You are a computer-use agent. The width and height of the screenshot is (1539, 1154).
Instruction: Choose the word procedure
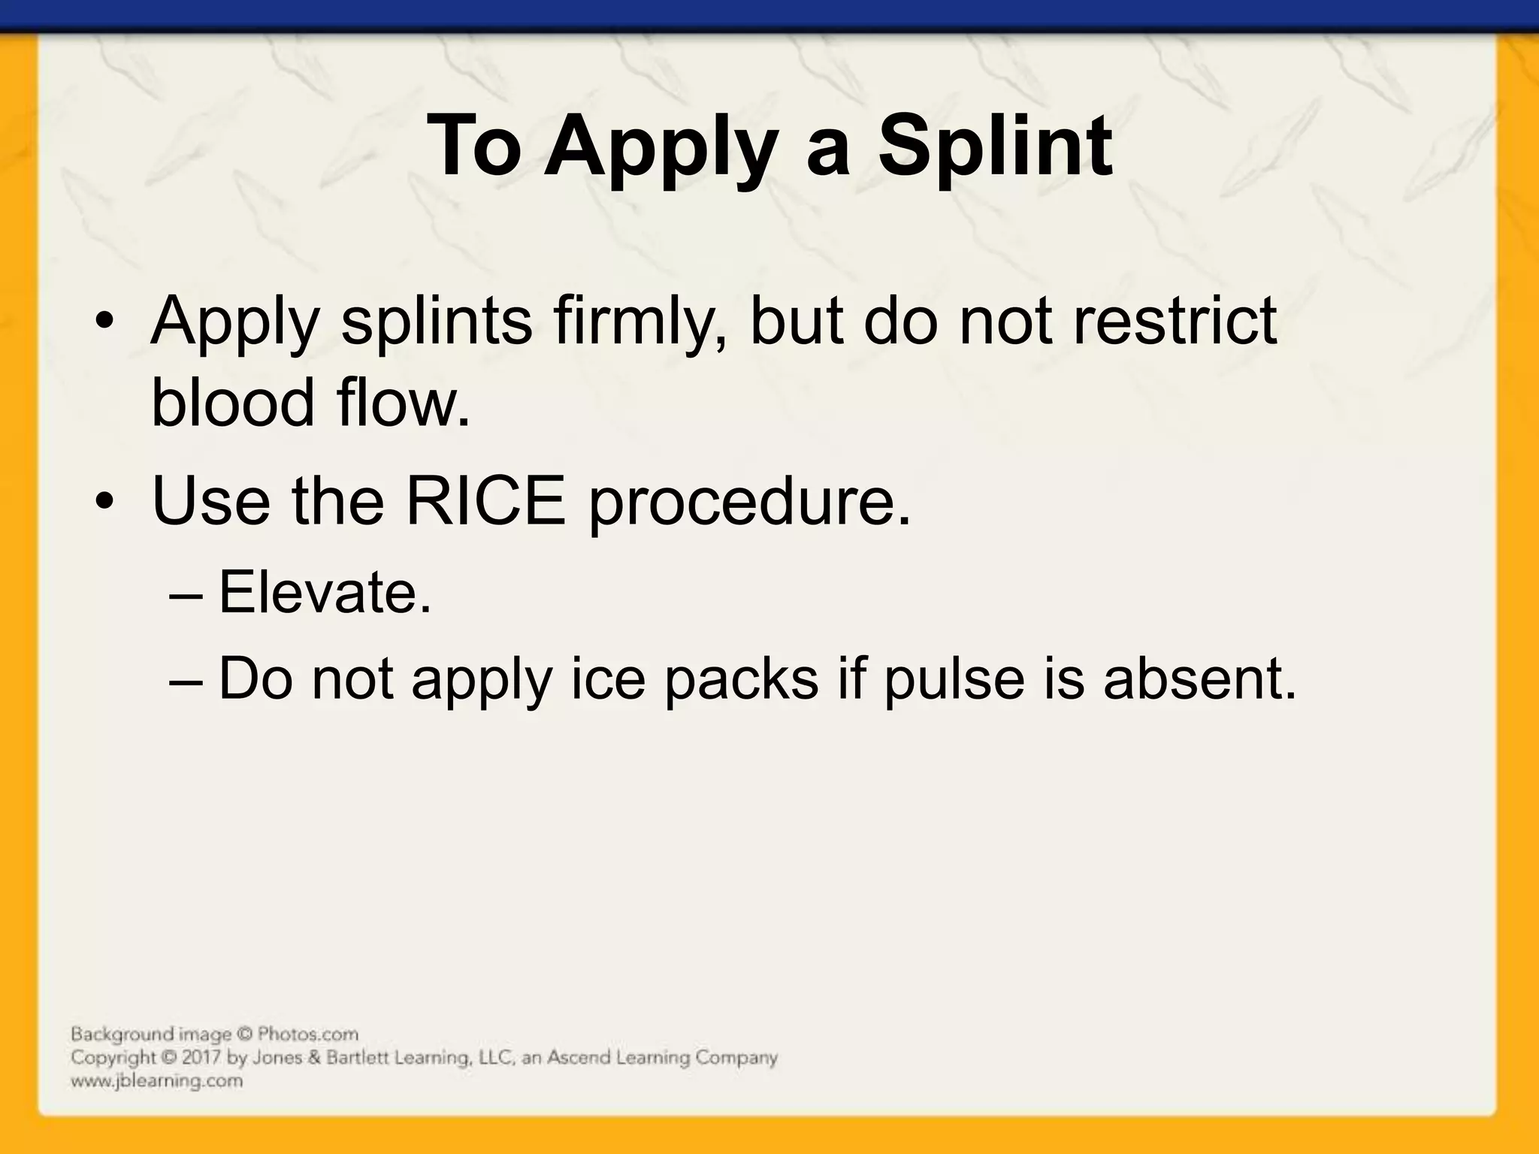748,502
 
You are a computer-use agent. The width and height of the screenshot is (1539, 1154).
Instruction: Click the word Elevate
325,593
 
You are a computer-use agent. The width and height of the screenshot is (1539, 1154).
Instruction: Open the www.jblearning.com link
156,1081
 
